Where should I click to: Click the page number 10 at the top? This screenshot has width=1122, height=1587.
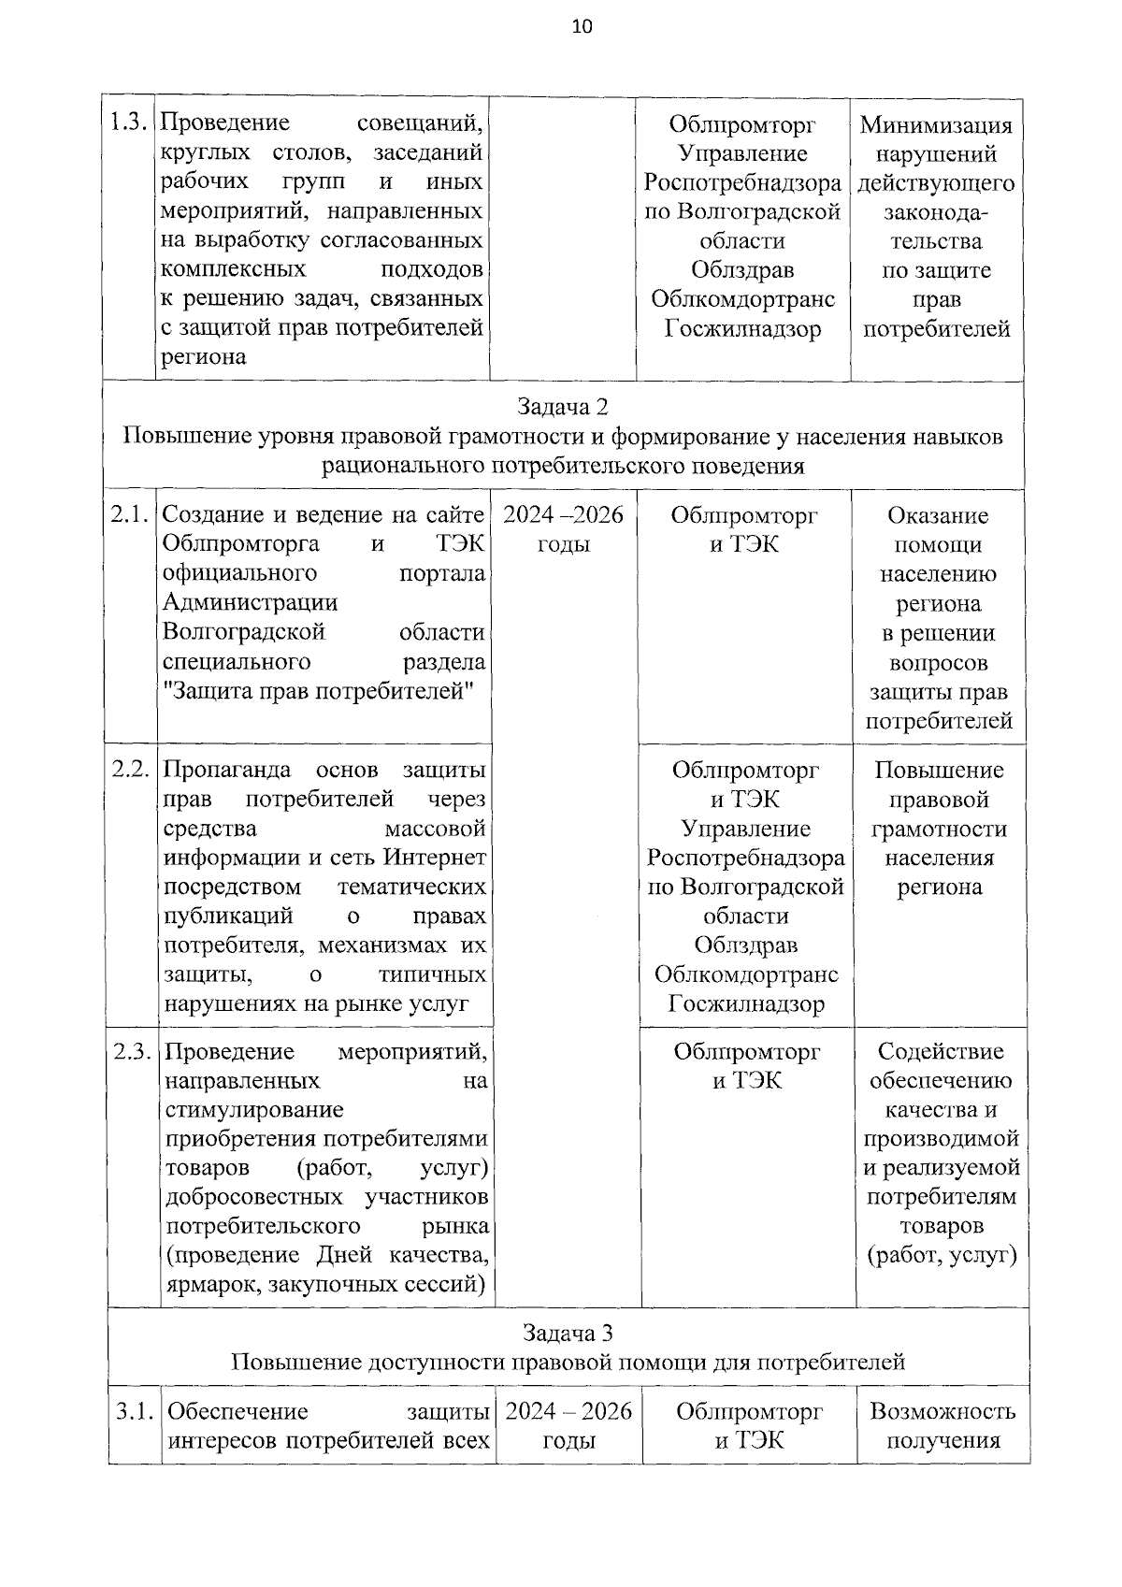pyautogui.click(x=581, y=26)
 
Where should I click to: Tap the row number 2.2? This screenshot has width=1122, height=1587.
pyautogui.click(x=132, y=770)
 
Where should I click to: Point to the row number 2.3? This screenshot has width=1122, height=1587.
pyautogui.click(x=133, y=1051)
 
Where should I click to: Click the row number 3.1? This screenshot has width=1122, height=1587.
pyautogui.click(x=135, y=1411)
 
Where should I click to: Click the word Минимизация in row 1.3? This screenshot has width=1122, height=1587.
pyautogui.click(x=936, y=124)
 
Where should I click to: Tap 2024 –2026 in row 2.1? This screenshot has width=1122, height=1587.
pyautogui.click(x=563, y=515)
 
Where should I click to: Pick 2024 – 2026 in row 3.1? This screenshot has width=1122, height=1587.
pyautogui.click(x=568, y=1411)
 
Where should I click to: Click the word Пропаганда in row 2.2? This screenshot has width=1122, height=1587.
pyautogui.click(x=226, y=770)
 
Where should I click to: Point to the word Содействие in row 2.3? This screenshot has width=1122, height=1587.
pyautogui.click(x=941, y=1051)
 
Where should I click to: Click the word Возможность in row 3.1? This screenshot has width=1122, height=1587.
pyautogui.click(x=942, y=1411)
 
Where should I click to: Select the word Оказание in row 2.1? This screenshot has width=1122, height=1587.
pyautogui.click(x=938, y=515)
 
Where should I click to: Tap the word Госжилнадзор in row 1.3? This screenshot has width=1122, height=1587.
pyautogui.click(x=742, y=329)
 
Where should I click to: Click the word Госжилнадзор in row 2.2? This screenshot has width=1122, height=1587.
pyautogui.click(x=746, y=1004)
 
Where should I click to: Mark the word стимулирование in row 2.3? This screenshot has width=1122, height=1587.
pyautogui.click(x=253, y=1110)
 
